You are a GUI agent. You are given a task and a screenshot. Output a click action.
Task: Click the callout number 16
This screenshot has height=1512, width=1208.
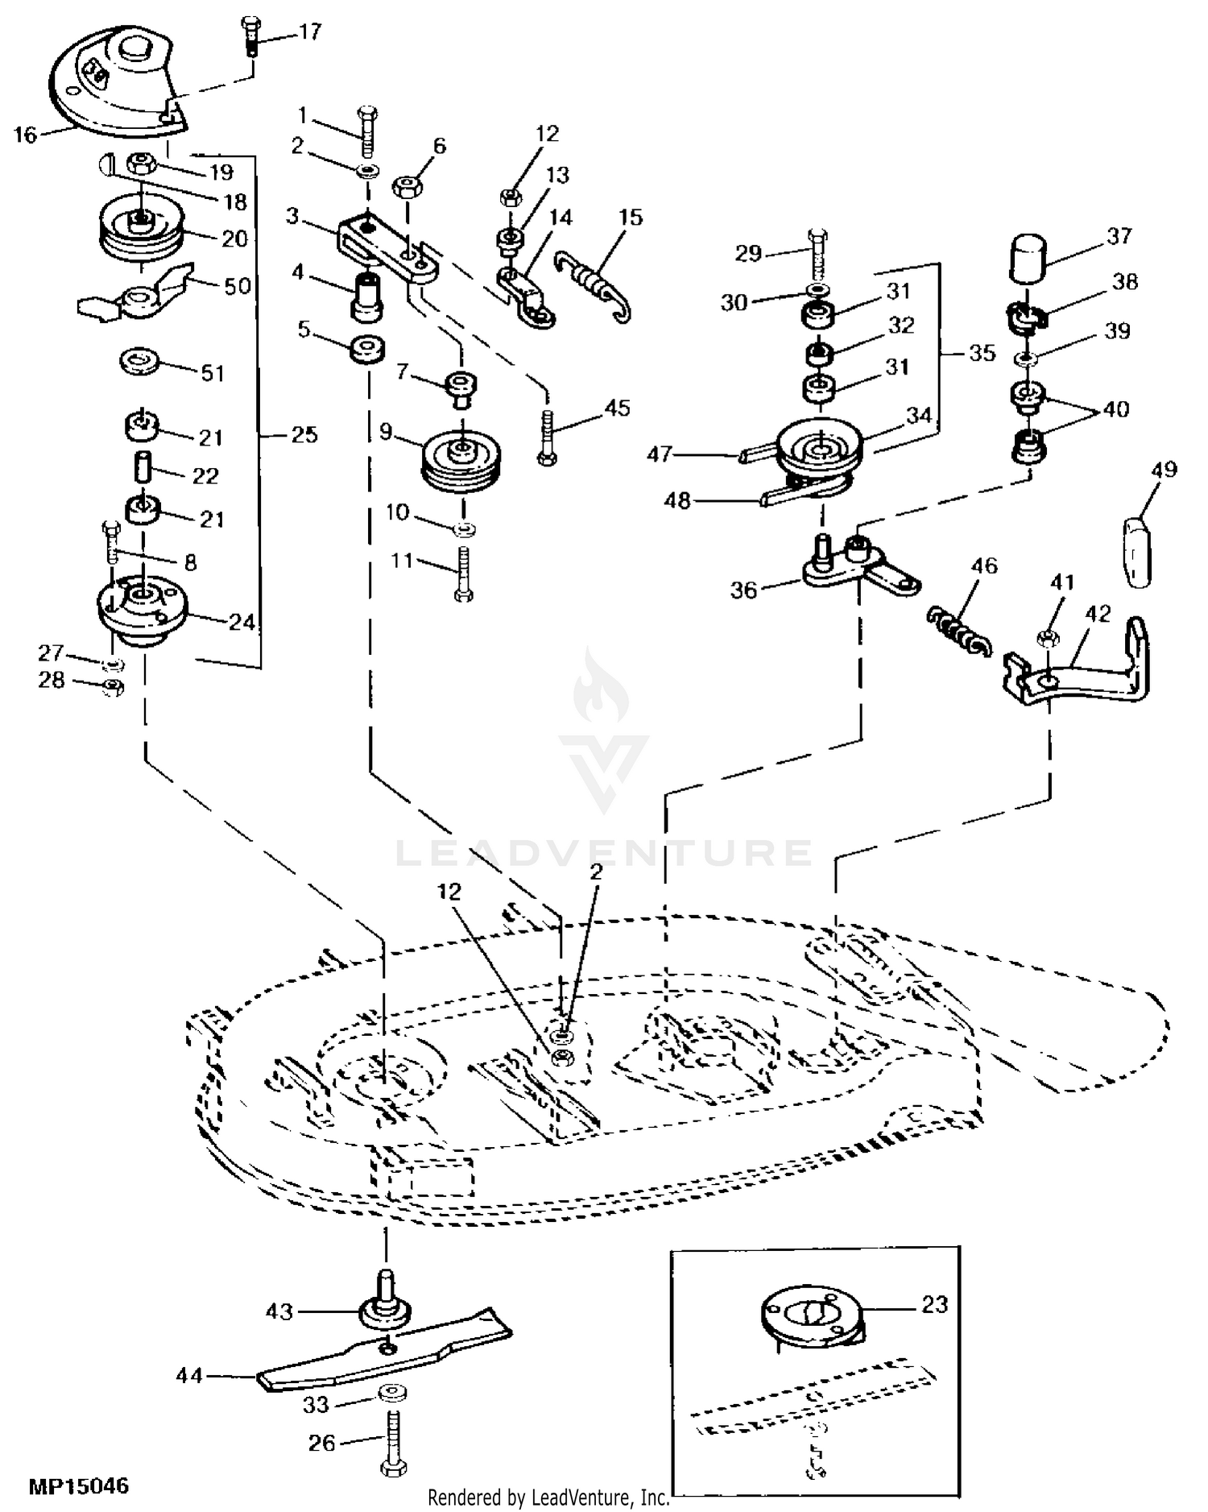click(25, 135)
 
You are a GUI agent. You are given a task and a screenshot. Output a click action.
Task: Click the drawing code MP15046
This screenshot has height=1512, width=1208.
click(79, 1485)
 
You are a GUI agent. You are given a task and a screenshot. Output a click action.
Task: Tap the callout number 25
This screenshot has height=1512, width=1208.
click(304, 435)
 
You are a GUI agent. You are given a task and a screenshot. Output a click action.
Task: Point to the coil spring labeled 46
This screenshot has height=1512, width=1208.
click(958, 631)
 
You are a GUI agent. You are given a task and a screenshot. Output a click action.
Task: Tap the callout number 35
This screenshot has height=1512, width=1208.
click(982, 353)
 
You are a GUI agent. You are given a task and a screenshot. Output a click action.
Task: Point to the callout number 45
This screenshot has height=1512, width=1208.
click(617, 408)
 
